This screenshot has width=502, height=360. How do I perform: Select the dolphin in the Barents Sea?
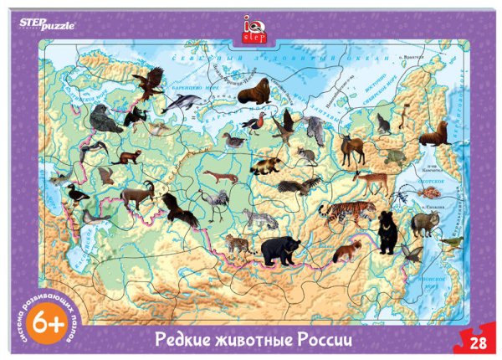click(x=182, y=102)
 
